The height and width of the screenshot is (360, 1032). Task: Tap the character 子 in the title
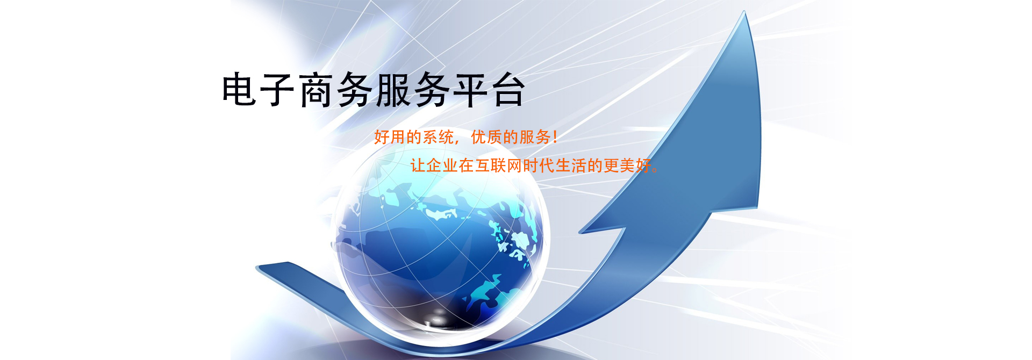[x=277, y=89]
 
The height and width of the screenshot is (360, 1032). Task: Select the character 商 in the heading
[x=316, y=89]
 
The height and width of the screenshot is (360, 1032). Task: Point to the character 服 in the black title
[x=393, y=89]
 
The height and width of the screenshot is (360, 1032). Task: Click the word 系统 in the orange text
[x=431, y=137]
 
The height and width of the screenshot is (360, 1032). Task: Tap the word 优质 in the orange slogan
[x=486, y=137]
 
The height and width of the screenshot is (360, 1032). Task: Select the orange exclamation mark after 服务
[x=555, y=137]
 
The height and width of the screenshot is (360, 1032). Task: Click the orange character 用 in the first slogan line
[x=398, y=137]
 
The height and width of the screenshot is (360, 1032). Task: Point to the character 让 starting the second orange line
[x=418, y=165]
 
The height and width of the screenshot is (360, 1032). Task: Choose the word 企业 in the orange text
[x=442, y=165]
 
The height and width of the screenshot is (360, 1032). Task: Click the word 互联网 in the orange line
[x=499, y=165]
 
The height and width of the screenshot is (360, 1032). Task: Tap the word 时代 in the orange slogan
[x=539, y=165]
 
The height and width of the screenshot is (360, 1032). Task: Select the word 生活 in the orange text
[x=571, y=165]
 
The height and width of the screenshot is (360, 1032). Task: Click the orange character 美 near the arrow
[x=628, y=165]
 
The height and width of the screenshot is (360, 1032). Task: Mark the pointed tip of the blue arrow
[x=746, y=11]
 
